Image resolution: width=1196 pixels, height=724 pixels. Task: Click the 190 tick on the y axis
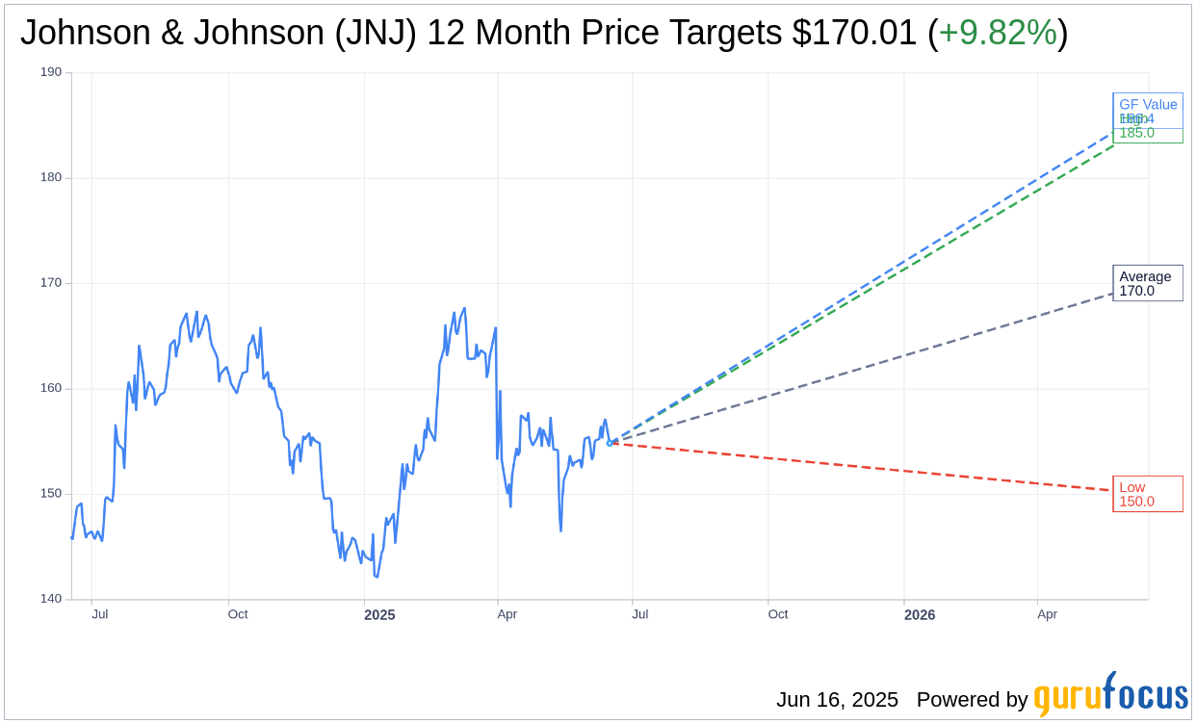coord(50,72)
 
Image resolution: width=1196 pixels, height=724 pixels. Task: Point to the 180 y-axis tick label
coord(50,177)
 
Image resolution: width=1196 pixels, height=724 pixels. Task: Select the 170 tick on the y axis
coord(50,283)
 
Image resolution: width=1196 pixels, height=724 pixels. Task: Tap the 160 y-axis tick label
coord(50,388)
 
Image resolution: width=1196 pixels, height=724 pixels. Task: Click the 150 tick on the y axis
coord(50,494)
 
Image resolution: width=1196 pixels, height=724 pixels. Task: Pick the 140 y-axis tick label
coord(50,599)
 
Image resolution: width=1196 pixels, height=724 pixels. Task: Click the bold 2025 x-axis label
coord(379,615)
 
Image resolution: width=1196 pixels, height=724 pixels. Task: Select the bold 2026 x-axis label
coord(919,615)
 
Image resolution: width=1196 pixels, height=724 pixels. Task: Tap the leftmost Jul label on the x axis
coord(99,614)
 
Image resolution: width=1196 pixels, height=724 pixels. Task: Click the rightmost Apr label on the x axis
coord(1047,614)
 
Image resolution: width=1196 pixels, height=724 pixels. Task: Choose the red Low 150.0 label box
coord(1147,494)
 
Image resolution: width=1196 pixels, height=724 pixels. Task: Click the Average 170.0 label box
coord(1147,283)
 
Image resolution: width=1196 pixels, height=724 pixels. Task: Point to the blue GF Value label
coord(1148,105)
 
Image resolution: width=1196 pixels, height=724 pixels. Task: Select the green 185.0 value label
coord(1137,134)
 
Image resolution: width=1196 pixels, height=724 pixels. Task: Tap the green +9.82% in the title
coord(998,33)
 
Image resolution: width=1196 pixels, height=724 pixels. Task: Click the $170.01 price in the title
coord(854,33)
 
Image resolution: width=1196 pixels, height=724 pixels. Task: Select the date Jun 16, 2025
coord(837,700)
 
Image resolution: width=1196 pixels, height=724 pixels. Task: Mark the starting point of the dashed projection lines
coord(610,443)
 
